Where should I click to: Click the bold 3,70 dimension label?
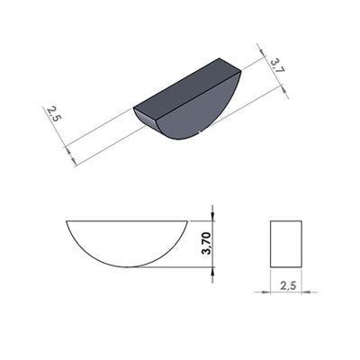point(207,243)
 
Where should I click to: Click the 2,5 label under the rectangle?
point(288,285)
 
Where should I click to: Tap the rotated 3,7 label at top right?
point(277,66)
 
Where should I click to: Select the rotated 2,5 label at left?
point(53,113)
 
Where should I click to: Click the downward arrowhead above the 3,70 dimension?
point(212,215)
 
